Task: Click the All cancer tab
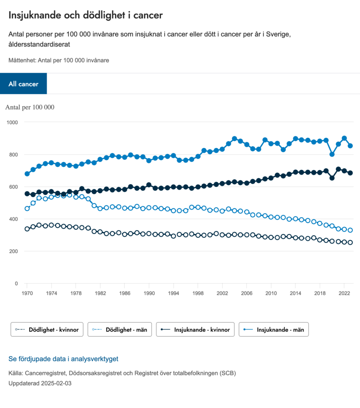coord(24,84)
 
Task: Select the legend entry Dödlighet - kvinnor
coord(47,330)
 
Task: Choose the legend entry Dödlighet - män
coord(120,330)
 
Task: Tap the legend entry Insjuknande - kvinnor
coord(195,330)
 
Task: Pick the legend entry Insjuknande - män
coord(274,330)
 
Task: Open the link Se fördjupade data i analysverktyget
coord(63,359)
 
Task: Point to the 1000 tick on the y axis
coord(12,122)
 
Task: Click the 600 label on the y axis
coord(14,187)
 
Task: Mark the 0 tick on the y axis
coord(16,283)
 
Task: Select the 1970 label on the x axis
coord(27,293)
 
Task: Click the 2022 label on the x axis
coord(344,293)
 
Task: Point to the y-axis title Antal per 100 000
coord(30,107)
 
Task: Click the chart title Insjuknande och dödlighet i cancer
coord(86,15)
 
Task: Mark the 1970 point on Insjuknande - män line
coord(27,174)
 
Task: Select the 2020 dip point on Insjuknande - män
coord(332,154)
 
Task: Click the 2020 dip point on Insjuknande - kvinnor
coord(332,178)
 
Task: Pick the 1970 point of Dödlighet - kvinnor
coord(27,229)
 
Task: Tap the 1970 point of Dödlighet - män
coord(27,208)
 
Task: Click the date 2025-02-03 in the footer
coord(56,383)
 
